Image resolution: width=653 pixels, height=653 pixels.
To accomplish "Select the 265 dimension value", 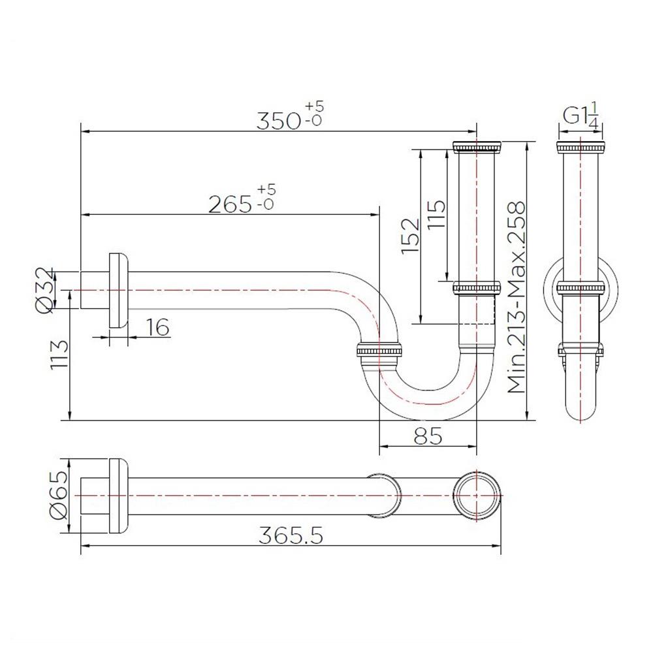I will [231, 204].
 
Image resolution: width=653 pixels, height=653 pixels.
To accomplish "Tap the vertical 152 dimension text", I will [410, 236].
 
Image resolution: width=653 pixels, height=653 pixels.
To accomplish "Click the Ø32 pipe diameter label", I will [44, 289].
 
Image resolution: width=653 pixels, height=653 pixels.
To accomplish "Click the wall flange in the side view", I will [118, 289].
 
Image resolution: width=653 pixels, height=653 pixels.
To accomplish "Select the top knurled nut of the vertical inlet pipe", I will [476, 146].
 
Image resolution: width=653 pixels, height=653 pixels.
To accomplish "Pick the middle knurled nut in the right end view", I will [579, 287].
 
